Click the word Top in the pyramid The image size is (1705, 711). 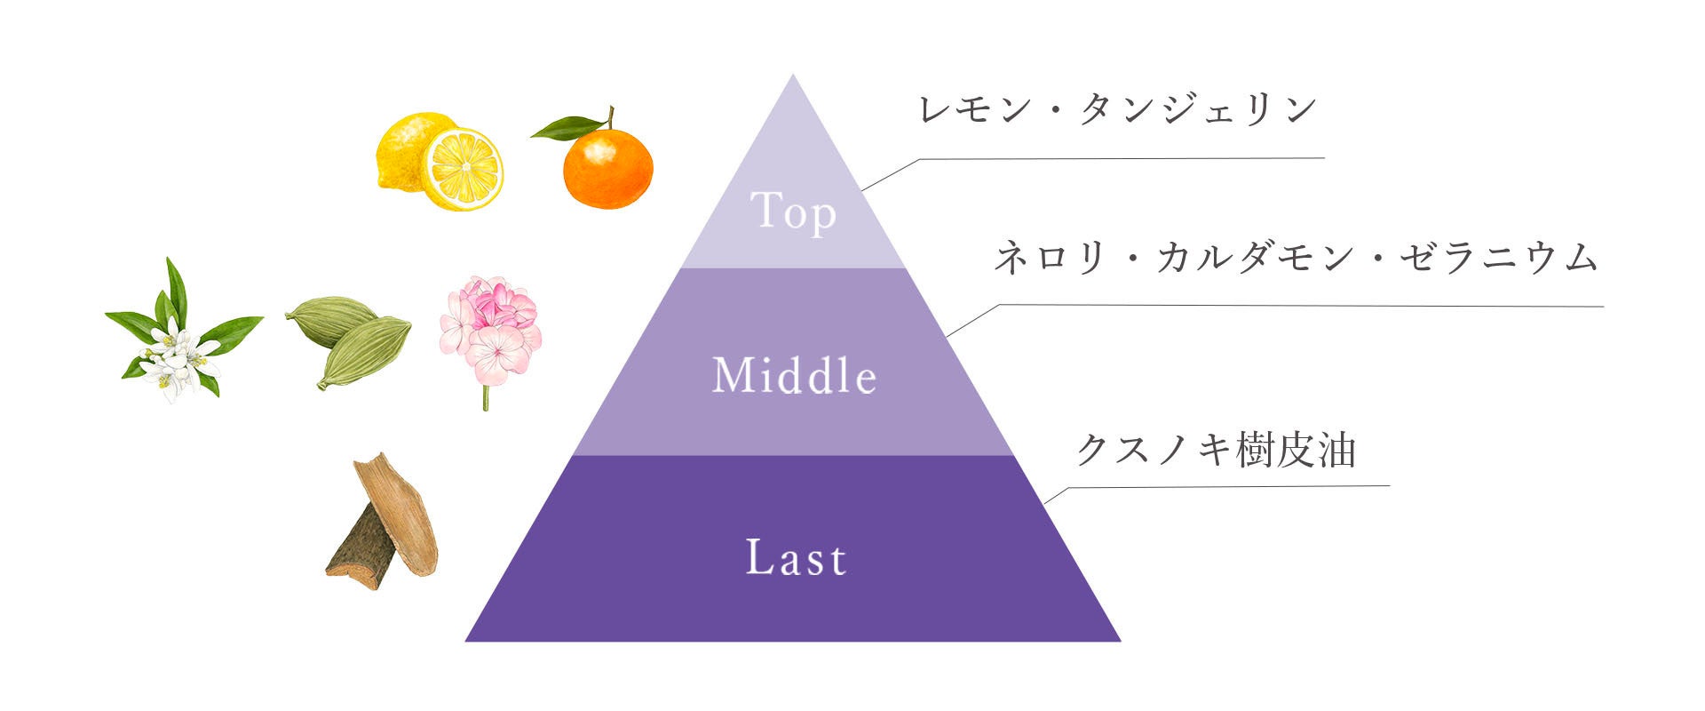[x=793, y=212]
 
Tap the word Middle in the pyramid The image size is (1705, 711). [x=795, y=375]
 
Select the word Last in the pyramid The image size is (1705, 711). [x=796, y=558]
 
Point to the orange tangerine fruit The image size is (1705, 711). [x=608, y=169]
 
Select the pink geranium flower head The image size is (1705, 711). [x=490, y=328]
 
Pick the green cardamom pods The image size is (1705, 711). [x=348, y=339]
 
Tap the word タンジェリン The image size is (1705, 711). [x=1199, y=109]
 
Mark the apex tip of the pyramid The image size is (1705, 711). [x=793, y=77]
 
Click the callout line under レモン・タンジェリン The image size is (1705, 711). [x=1119, y=159]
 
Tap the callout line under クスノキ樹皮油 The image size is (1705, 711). [x=1225, y=487]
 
